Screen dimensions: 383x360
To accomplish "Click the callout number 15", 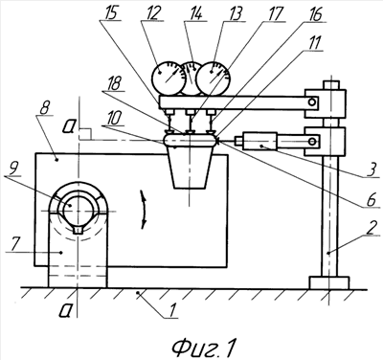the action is pyautogui.click(x=109, y=14).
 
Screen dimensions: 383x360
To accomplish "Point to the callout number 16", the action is pyautogui.click(x=315, y=15).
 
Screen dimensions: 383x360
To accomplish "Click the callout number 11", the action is pyautogui.click(x=314, y=43).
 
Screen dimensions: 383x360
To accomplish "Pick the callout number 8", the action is pyautogui.click(x=44, y=110).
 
